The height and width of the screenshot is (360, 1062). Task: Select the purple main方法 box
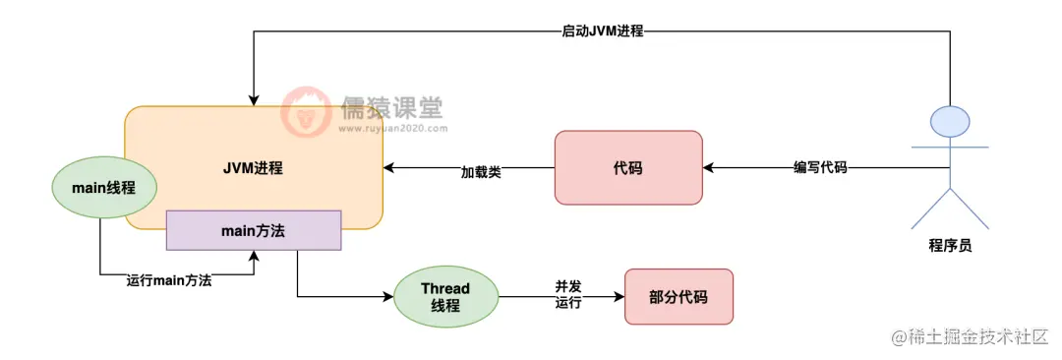(254, 229)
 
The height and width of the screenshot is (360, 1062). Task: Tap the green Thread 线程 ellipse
(445, 297)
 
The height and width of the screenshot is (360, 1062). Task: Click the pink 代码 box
(628, 168)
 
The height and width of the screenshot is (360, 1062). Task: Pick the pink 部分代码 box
(678, 297)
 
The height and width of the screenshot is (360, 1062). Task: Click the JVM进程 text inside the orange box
(253, 167)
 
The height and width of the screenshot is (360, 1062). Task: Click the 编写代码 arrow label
(820, 168)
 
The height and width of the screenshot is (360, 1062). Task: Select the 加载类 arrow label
(482, 171)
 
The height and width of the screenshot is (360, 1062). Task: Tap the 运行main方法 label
(169, 280)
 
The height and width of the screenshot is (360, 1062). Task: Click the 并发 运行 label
(568, 294)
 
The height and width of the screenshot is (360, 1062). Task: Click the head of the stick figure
(950, 121)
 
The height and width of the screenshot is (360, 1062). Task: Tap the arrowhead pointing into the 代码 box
(709, 168)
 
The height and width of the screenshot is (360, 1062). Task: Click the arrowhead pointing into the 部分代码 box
(619, 297)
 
